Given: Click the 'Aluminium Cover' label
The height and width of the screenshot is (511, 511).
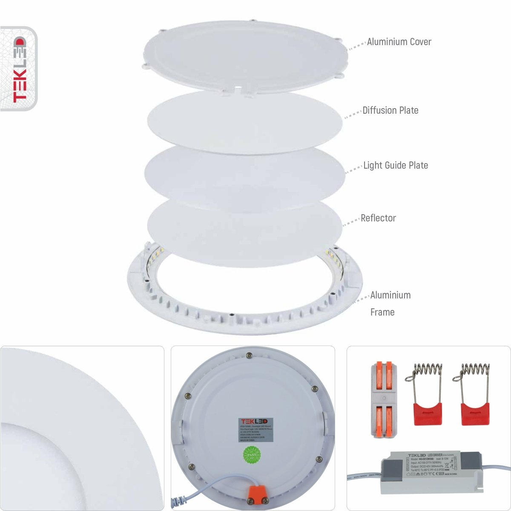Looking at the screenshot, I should tap(399, 42).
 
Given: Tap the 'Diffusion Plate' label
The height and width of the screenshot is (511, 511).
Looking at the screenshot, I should tap(390, 110).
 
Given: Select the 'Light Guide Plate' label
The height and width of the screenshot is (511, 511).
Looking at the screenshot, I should tap(395, 165).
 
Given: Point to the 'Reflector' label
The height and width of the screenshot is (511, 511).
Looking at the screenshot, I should tap(378, 218).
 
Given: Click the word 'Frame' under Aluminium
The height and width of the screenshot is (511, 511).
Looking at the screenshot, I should tap(382, 312).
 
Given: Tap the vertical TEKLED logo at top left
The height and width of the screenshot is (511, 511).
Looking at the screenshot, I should tap(19, 69).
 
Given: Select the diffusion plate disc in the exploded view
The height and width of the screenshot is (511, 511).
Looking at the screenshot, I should tap(245, 121).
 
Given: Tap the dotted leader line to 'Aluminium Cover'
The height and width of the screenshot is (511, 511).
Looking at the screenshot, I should tap(357, 45).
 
